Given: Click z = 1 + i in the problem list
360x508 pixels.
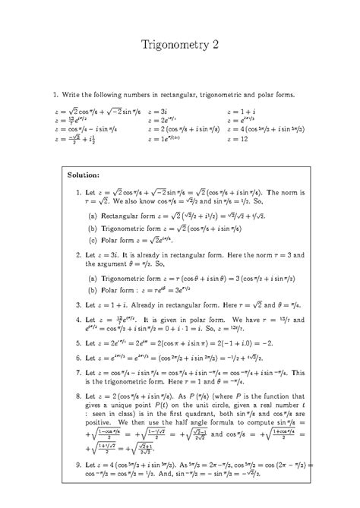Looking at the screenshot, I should click(x=242, y=111).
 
